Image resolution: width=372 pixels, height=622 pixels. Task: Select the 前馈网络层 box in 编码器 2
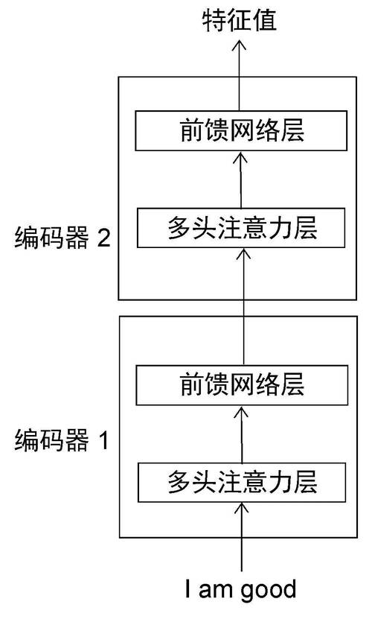(242, 131)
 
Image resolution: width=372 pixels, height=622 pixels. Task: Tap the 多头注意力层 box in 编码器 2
(242, 229)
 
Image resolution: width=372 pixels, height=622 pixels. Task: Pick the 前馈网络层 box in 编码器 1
(242, 385)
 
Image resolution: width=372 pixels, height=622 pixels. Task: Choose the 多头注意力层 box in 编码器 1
(242, 482)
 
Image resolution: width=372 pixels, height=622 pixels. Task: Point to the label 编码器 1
(62, 441)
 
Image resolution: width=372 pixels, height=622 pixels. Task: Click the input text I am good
(241, 589)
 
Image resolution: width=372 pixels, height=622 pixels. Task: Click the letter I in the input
(190, 589)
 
